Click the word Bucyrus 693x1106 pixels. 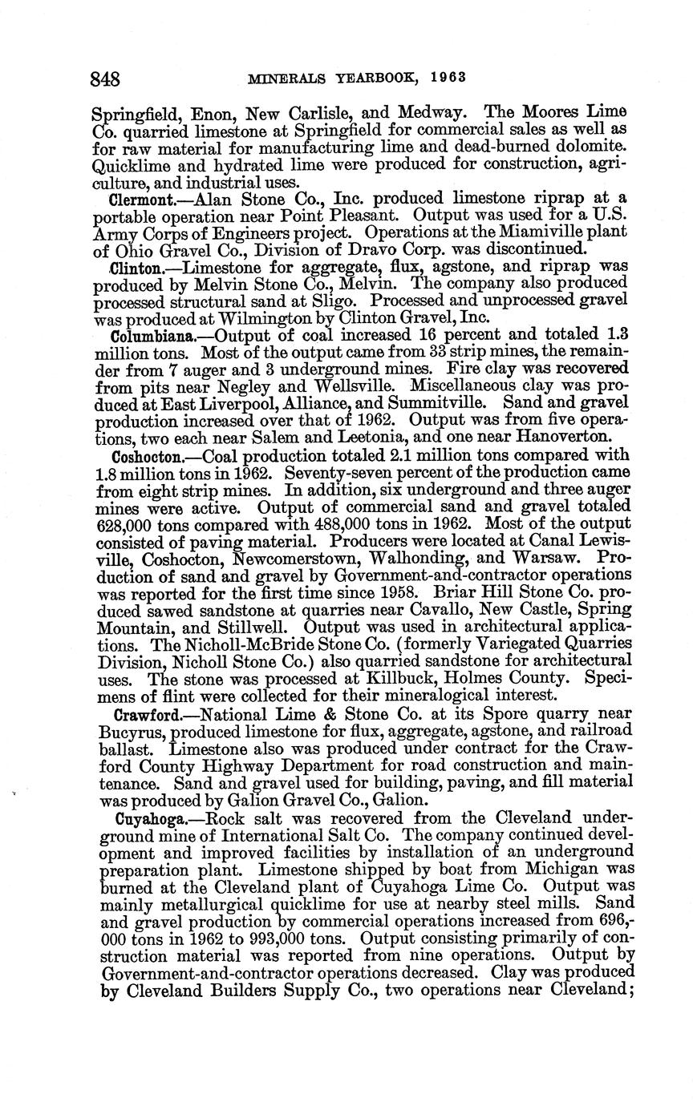point(131,731)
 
